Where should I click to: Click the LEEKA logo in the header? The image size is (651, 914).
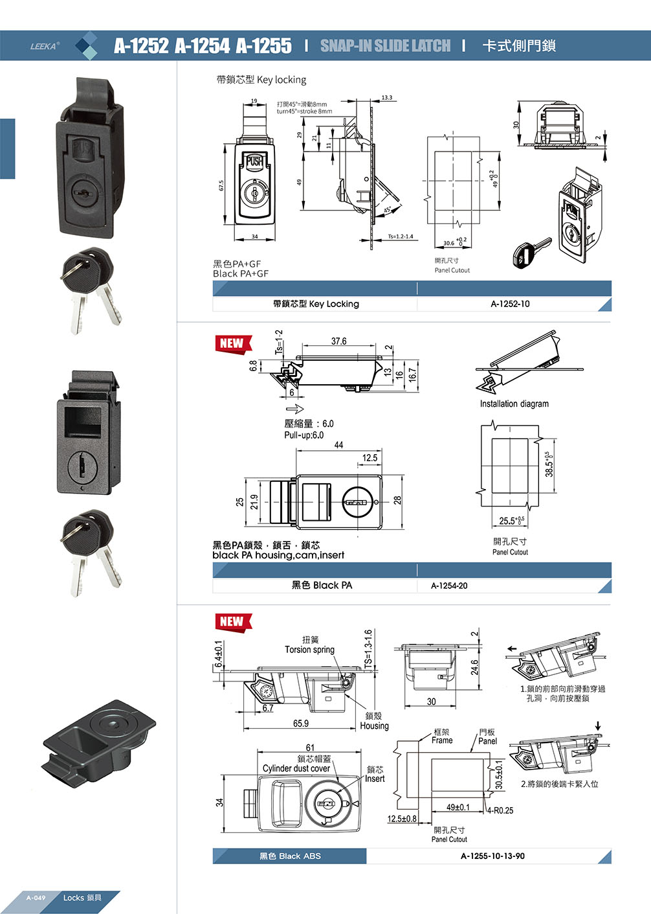click(x=45, y=46)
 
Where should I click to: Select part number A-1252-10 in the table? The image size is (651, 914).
click(x=510, y=304)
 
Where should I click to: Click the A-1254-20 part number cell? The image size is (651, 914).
click(x=449, y=586)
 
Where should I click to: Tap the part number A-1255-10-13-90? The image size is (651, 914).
click(x=492, y=856)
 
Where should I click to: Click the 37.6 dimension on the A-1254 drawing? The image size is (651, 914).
click(x=338, y=341)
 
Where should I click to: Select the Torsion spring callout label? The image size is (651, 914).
click(x=309, y=650)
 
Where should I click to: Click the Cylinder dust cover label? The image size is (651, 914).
click(x=296, y=768)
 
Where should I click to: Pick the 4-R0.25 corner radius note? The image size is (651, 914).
click(x=500, y=810)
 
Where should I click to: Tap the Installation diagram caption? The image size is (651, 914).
click(x=514, y=404)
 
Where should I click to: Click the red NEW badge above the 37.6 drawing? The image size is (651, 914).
click(x=232, y=344)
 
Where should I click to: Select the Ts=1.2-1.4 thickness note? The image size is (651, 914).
click(x=401, y=236)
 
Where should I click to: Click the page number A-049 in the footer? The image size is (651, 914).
click(x=36, y=898)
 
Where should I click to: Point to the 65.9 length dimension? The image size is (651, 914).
click(x=301, y=724)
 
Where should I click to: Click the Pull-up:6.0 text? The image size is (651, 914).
click(x=303, y=435)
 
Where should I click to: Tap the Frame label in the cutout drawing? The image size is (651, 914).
click(x=442, y=740)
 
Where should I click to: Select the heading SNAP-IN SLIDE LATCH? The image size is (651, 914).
click(x=385, y=46)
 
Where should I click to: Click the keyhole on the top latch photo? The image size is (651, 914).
click(x=83, y=193)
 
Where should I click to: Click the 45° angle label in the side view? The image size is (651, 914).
click(x=388, y=210)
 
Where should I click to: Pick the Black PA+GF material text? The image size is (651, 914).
click(x=241, y=273)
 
